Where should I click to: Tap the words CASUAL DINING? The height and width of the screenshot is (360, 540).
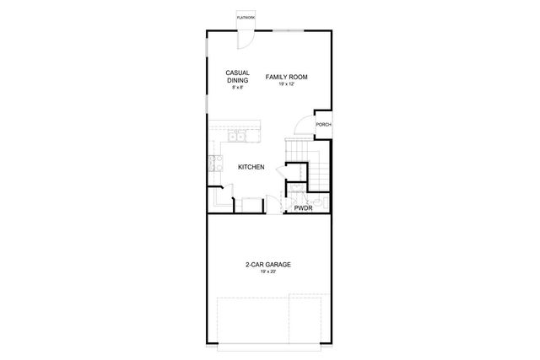click(235, 77)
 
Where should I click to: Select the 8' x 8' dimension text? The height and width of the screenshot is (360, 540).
click(235, 88)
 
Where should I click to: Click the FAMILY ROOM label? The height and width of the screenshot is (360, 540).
click(286, 77)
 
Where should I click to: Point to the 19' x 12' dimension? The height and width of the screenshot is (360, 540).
click(286, 84)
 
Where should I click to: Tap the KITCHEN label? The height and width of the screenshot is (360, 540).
click(251, 167)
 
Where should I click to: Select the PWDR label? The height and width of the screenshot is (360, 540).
click(303, 206)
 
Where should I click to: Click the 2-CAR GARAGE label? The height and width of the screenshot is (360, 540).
click(268, 264)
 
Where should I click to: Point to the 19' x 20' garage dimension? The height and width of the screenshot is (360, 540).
click(268, 271)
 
